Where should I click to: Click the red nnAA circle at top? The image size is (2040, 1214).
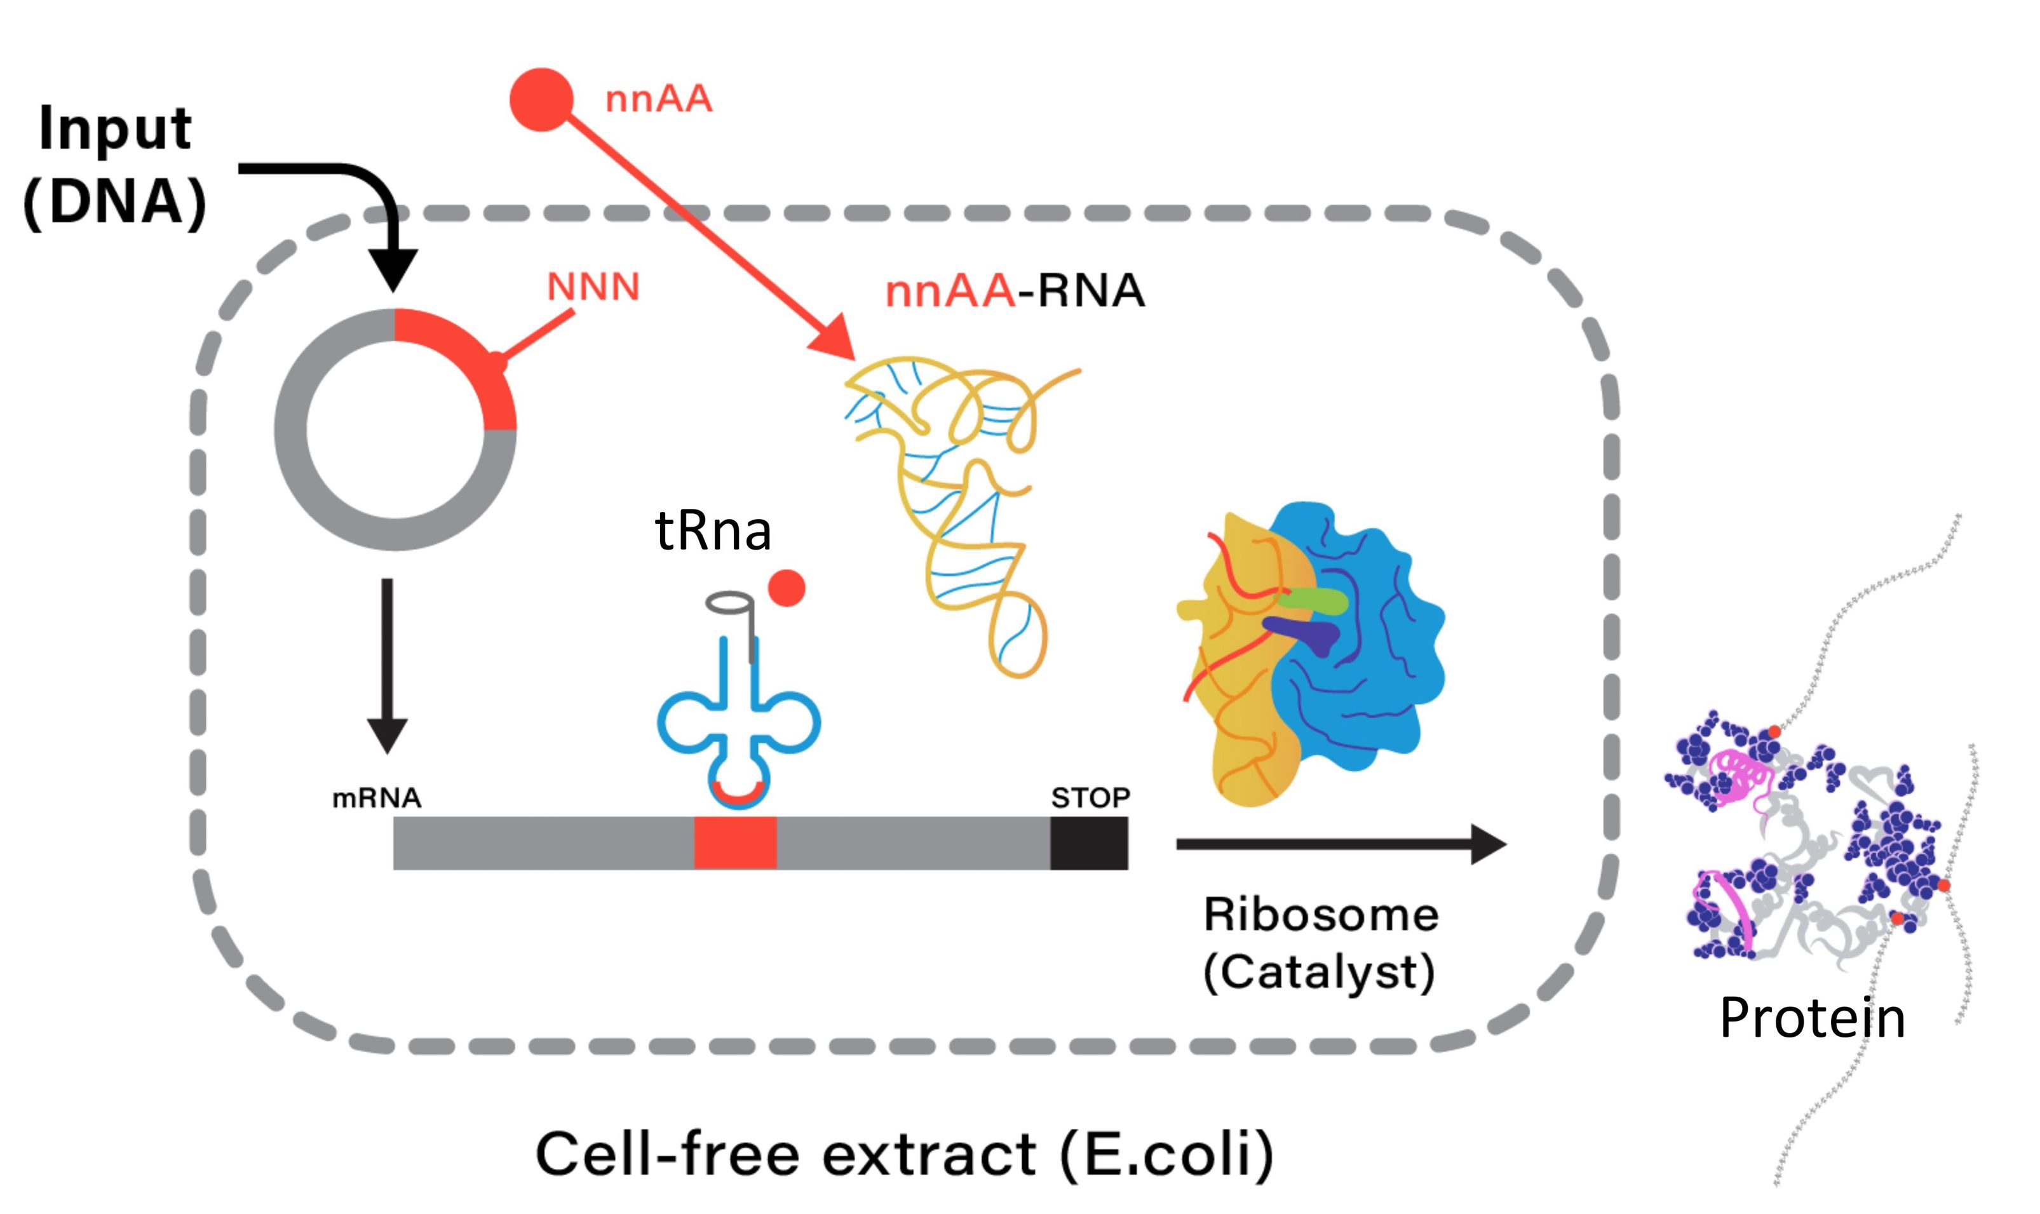[541, 99]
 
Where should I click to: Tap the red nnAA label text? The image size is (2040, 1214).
[658, 100]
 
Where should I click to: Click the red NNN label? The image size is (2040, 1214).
[593, 287]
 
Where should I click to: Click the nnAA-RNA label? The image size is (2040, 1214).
[1014, 291]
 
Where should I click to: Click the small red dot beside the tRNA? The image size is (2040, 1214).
[787, 588]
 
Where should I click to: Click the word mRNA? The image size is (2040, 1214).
[376, 798]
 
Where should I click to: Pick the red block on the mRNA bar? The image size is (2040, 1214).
[734, 842]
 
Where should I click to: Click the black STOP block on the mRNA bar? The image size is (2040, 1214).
[1089, 842]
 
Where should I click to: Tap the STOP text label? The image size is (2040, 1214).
[1090, 798]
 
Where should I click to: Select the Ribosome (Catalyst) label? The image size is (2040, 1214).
[1320, 943]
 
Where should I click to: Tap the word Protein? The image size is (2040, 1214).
[1813, 1018]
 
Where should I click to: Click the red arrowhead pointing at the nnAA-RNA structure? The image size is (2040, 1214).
[834, 337]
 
